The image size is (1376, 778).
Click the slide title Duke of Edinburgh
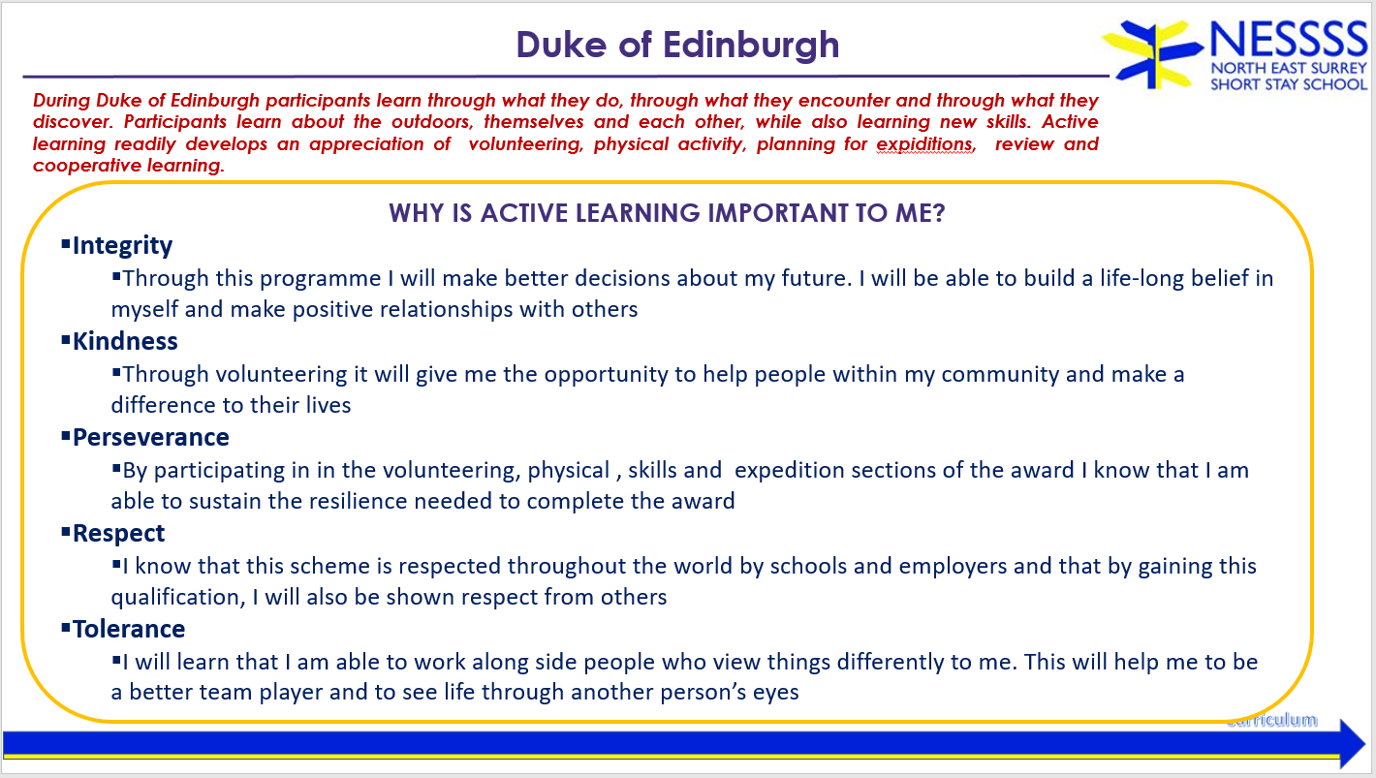pyautogui.click(x=677, y=45)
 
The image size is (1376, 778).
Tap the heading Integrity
pyautogui.click(x=122, y=246)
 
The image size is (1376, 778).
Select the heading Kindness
pyautogui.click(x=125, y=341)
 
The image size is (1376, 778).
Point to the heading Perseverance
pyautogui.click(x=150, y=437)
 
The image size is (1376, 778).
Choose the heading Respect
pyautogui.click(x=118, y=534)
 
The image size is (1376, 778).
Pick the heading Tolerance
pyautogui.click(x=129, y=630)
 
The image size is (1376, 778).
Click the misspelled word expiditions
pyautogui.click(x=925, y=144)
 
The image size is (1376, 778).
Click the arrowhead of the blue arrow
pyautogui.click(x=1352, y=744)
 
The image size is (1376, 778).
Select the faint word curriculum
pyautogui.click(x=1272, y=720)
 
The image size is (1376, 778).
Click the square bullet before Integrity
pyautogui.click(x=66, y=244)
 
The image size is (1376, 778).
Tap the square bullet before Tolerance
pyautogui.click(x=66, y=628)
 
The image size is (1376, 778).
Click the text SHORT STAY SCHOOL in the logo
pyautogui.click(x=1289, y=84)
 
